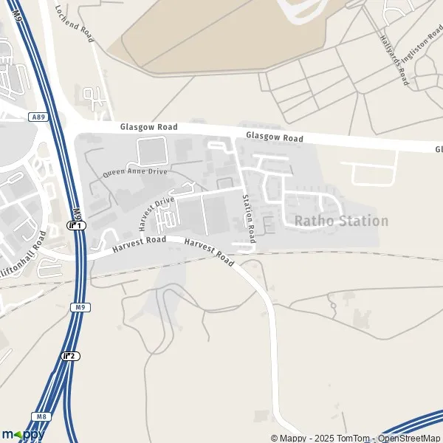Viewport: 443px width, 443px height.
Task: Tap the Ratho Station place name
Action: click(x=341, y=221)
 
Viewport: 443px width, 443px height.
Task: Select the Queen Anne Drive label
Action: click(x=135, y=172)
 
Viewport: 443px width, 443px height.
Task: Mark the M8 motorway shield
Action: click(x=42, y=418)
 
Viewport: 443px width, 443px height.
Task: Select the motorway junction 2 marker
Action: click(x=71, y=356)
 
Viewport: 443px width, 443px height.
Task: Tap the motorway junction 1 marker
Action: click(x=77, y=225)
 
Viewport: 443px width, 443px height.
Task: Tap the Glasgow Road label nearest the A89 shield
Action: click(x=149, y=128)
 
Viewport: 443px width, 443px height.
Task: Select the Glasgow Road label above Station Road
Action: click(x=275, y=137)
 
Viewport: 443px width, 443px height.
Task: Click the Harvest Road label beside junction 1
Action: click(x=139, y=244)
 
